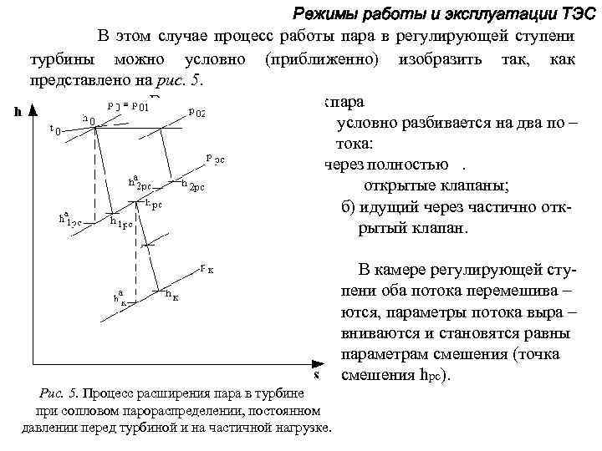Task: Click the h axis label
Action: pos(18,111)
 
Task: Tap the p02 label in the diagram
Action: pos(197,111)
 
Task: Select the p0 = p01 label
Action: pos(129,106)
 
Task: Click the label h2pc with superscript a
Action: pos(140,183)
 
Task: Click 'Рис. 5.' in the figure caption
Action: pos(59,393)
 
